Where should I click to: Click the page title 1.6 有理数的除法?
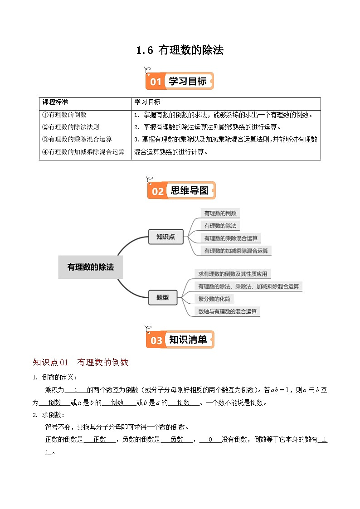pyautogui.click(x=180, y=50)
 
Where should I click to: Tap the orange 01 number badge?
pyautogui.click(x=156, y=82)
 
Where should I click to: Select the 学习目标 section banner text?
pyautogui.click(x=188, y=81)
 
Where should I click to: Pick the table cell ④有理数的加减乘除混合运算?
pyautogui.click(x=83, y=152)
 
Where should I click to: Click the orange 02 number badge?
pyautogui.click(x=157, y=191)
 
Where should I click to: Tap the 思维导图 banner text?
pyautogui.click(x=190, y=191)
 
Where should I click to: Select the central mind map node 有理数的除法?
pyautogui.click(x=91, y=267)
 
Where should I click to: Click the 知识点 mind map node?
pyautogui.click(x=166, y=237)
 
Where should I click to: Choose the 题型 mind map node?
pyautogui.click(x=162, y=297)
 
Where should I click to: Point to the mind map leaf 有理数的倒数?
pyautogui.click(x=220, y=213)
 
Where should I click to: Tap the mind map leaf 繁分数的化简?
pyautogui.click(x=214, y=299)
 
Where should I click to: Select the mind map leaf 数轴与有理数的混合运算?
pyautogui.click(x=227, y=311)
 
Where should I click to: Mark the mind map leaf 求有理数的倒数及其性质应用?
pyautogui.click(x=232, y=274)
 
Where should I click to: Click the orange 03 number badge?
pyautogui.click(x=156, y=340)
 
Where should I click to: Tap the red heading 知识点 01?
pyautogui.click(x=50, y=363)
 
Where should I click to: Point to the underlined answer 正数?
pyautogui.click(x=100, y=439)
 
